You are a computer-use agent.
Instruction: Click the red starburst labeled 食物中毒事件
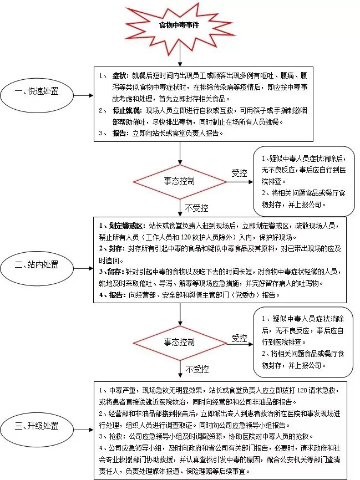(179, 25)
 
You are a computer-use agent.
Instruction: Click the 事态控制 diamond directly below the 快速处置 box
(179, 180)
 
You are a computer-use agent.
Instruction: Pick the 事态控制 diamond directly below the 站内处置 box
(179, 343)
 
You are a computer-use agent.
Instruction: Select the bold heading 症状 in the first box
(119, 75)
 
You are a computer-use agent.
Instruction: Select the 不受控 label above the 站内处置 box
(196, 208)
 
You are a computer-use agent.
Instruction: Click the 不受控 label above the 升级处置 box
(197, 369)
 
